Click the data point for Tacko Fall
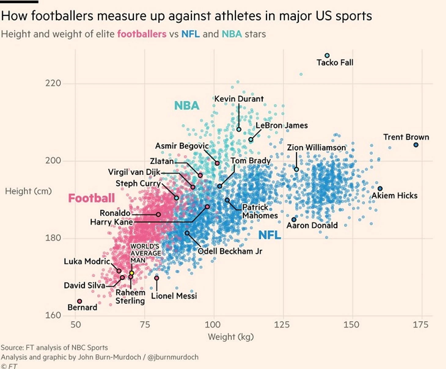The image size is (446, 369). coord(327,56)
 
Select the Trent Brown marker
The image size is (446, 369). coord(416,145)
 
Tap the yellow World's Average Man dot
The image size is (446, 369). coord(132,273)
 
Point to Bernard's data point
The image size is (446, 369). coord(80,301)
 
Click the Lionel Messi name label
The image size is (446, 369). coord(174,296)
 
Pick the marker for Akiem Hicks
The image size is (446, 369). coord(380,189)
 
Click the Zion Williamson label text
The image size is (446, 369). coord(316,148)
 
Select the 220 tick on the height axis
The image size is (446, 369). coord(53,83)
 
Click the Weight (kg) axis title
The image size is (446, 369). coord(231,337)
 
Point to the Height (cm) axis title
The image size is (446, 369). coord(28,191)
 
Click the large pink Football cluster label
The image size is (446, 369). coord(91,198)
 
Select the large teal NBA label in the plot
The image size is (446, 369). coord(187,106)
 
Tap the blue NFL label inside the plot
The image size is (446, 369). coord(269,235)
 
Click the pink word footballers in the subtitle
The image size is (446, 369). coord(142,34)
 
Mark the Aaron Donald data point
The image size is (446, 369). coord(294,220)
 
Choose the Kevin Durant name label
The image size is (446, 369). coord(239,99)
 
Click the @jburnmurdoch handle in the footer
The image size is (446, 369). coord(173,357)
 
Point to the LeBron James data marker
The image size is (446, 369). coord(251,140)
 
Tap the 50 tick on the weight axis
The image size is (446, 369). coord(76,324)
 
